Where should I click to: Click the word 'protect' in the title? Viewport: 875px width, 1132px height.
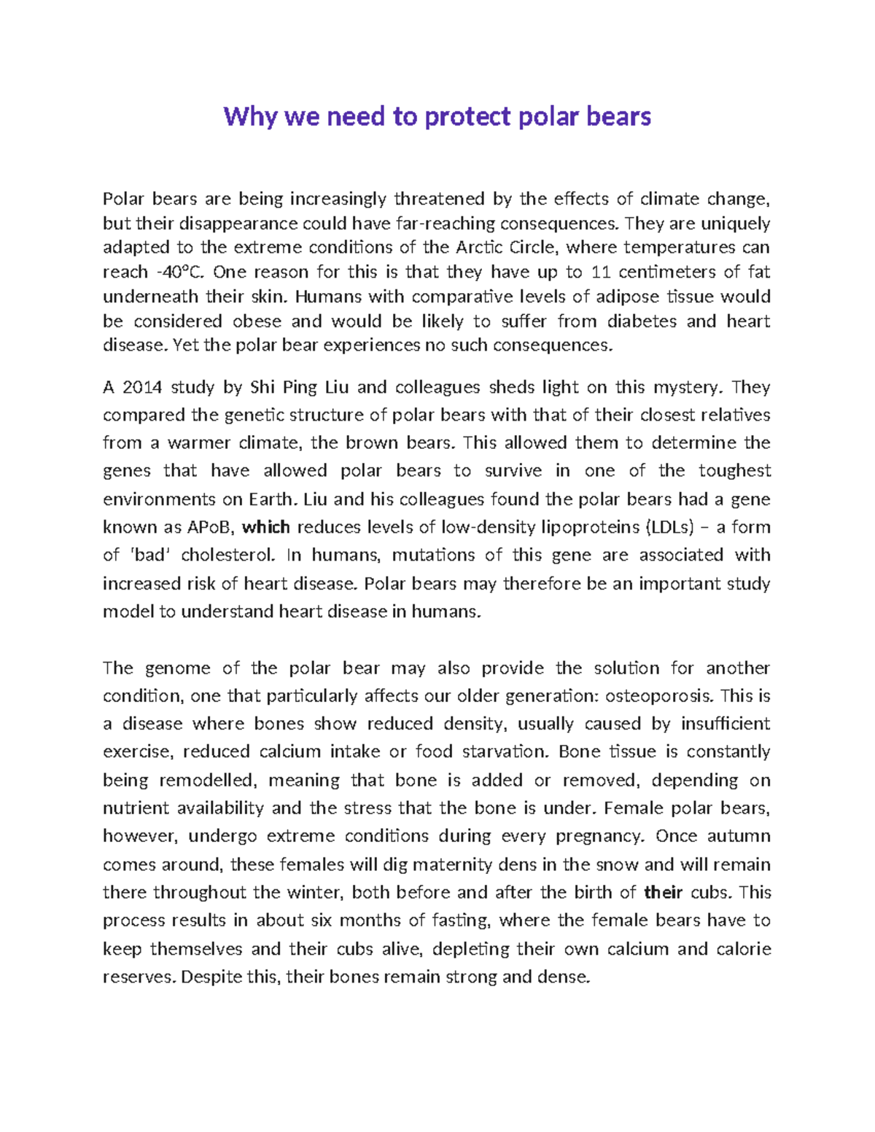[467, 117]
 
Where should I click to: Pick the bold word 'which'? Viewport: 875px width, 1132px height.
[266, 527]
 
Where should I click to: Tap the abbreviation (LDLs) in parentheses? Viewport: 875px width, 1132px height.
[672, 527]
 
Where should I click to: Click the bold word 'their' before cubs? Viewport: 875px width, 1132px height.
[664, 893]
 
